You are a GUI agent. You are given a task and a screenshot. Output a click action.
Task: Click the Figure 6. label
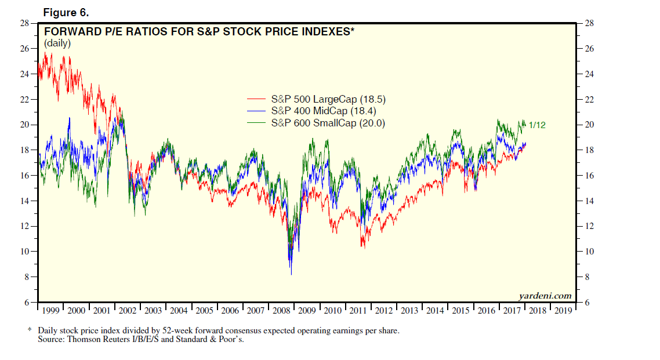(x=66, y=12)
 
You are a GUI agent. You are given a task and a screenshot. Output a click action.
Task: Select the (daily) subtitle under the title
(x=57, y=43)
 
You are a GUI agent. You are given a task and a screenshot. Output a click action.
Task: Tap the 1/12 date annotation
(x=537, y=125)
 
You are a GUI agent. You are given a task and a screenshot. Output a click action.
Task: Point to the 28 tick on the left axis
(x=24, y=23)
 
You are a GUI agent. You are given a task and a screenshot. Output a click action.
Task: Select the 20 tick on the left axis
(x=24, y=125)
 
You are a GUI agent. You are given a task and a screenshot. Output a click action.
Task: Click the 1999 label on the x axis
(x=51, y=311)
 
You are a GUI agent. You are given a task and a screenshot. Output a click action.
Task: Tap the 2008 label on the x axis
(x=282, y=311)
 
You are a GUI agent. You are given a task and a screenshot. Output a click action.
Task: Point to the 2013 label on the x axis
(x=409, y=311)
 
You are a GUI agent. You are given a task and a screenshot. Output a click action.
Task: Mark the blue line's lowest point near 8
(x=291, y=274)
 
